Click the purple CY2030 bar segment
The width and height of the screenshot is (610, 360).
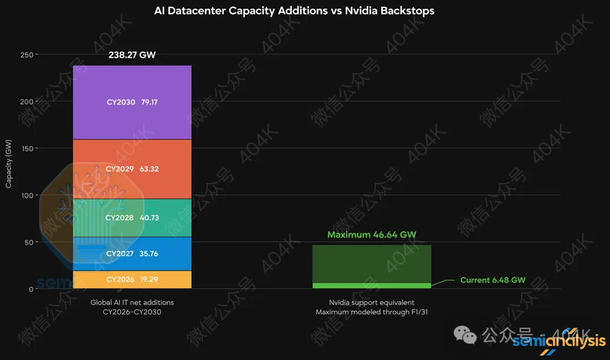tap(132, 102)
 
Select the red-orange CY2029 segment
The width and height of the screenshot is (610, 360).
tap(132, 169)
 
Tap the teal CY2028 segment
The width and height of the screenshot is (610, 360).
tap(132, 218)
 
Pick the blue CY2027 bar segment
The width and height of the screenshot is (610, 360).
tap(132, 254)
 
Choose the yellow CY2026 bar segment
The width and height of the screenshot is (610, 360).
tap(132, 279)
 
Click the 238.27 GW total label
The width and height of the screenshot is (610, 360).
tap(132, 55)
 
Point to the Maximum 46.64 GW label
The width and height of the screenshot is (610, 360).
tap(372, 235)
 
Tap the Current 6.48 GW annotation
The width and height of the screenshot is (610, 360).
tap(493, 280)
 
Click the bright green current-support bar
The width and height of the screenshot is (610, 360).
tap(372, 285)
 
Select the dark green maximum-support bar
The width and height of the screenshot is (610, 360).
tap(372, 264)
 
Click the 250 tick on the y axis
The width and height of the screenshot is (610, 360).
tap(27, 55)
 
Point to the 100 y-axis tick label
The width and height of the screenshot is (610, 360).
tap(27, 196)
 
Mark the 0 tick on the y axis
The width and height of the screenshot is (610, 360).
tap(31, 289)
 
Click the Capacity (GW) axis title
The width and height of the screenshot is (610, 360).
tap(8, 164)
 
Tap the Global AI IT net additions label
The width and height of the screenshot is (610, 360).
tap(132, 302)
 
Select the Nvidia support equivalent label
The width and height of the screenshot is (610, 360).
tap(372, 302)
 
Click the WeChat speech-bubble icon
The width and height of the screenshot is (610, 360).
tap(465, 335)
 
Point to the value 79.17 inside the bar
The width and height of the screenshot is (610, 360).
tap(149, 102)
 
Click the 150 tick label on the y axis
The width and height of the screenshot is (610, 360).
tap(27, 149)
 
